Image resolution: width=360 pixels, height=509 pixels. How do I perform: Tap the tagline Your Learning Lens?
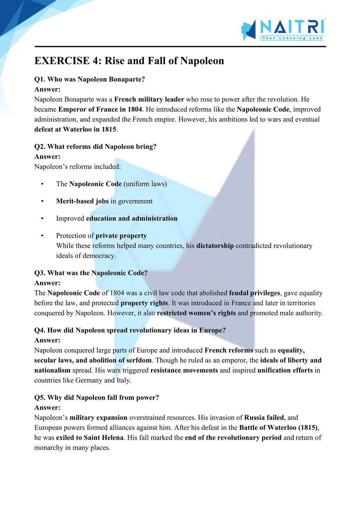[292, 38]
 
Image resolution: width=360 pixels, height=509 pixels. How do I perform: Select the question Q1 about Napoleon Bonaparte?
[89, 79]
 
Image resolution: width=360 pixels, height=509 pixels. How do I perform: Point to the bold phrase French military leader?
[149, 99]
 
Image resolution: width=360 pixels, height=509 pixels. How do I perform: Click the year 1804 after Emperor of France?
[134, 109]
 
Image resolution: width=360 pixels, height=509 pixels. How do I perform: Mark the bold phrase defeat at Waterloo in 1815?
[75, 129]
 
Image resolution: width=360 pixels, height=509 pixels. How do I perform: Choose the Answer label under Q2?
[47, 157]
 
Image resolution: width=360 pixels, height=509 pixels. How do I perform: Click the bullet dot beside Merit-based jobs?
[42, 201]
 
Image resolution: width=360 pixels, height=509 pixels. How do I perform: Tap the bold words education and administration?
[132, 218]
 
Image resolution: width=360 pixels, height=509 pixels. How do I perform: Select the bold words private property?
[121, 236]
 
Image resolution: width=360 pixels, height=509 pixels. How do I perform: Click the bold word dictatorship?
[215, 246]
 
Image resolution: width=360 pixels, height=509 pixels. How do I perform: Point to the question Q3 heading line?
[91, 273]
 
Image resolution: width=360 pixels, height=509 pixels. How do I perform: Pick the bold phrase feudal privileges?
[255, 293]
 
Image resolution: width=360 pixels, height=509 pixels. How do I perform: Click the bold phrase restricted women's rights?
[196, 313]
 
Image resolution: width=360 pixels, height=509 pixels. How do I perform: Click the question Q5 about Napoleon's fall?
[96, 398]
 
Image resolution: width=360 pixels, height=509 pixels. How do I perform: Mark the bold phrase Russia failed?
[264, 418]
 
